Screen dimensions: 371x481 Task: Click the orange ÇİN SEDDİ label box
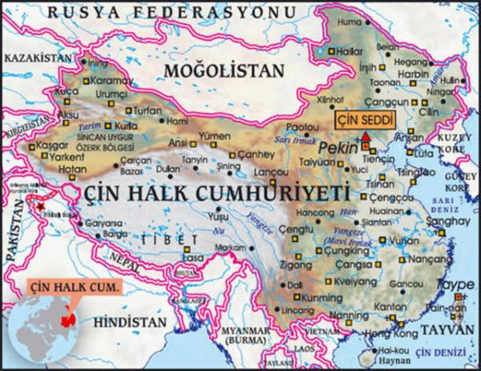[x=365, y=121]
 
